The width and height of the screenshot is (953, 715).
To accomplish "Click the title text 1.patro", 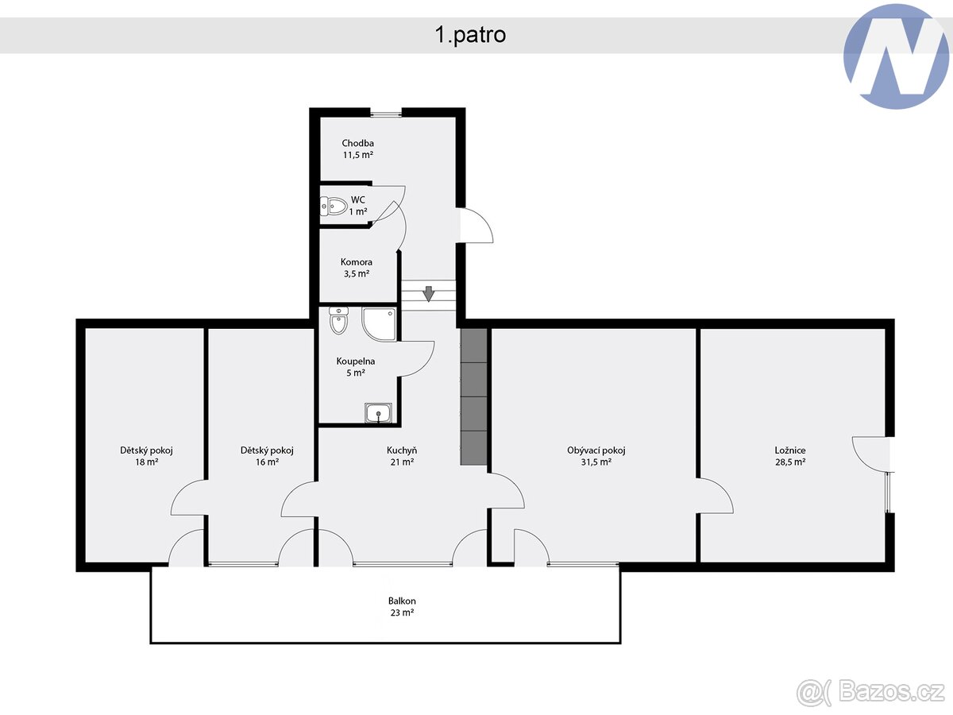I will point(469,35).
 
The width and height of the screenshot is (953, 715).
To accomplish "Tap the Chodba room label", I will point(357,149).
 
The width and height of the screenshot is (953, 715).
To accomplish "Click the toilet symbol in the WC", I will point(334,207).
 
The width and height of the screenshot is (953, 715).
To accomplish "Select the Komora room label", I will point(357,268).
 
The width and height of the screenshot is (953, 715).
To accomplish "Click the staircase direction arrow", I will point(429,294).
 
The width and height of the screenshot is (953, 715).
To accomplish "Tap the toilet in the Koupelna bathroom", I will point(338,323).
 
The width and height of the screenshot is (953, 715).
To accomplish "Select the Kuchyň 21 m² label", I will point(402,455).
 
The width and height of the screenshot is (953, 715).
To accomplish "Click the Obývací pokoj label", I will point(596,455).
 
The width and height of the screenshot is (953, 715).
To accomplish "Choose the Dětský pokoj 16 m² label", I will point(267,455).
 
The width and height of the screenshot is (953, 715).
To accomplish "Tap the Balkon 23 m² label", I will point(402,607).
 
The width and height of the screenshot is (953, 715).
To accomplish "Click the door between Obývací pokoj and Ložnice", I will point(715,497).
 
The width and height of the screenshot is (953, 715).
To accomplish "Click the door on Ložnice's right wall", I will point(870,453).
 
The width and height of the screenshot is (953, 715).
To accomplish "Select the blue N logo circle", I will point(895,56).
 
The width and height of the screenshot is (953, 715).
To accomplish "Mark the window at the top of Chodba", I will point(386,113).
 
